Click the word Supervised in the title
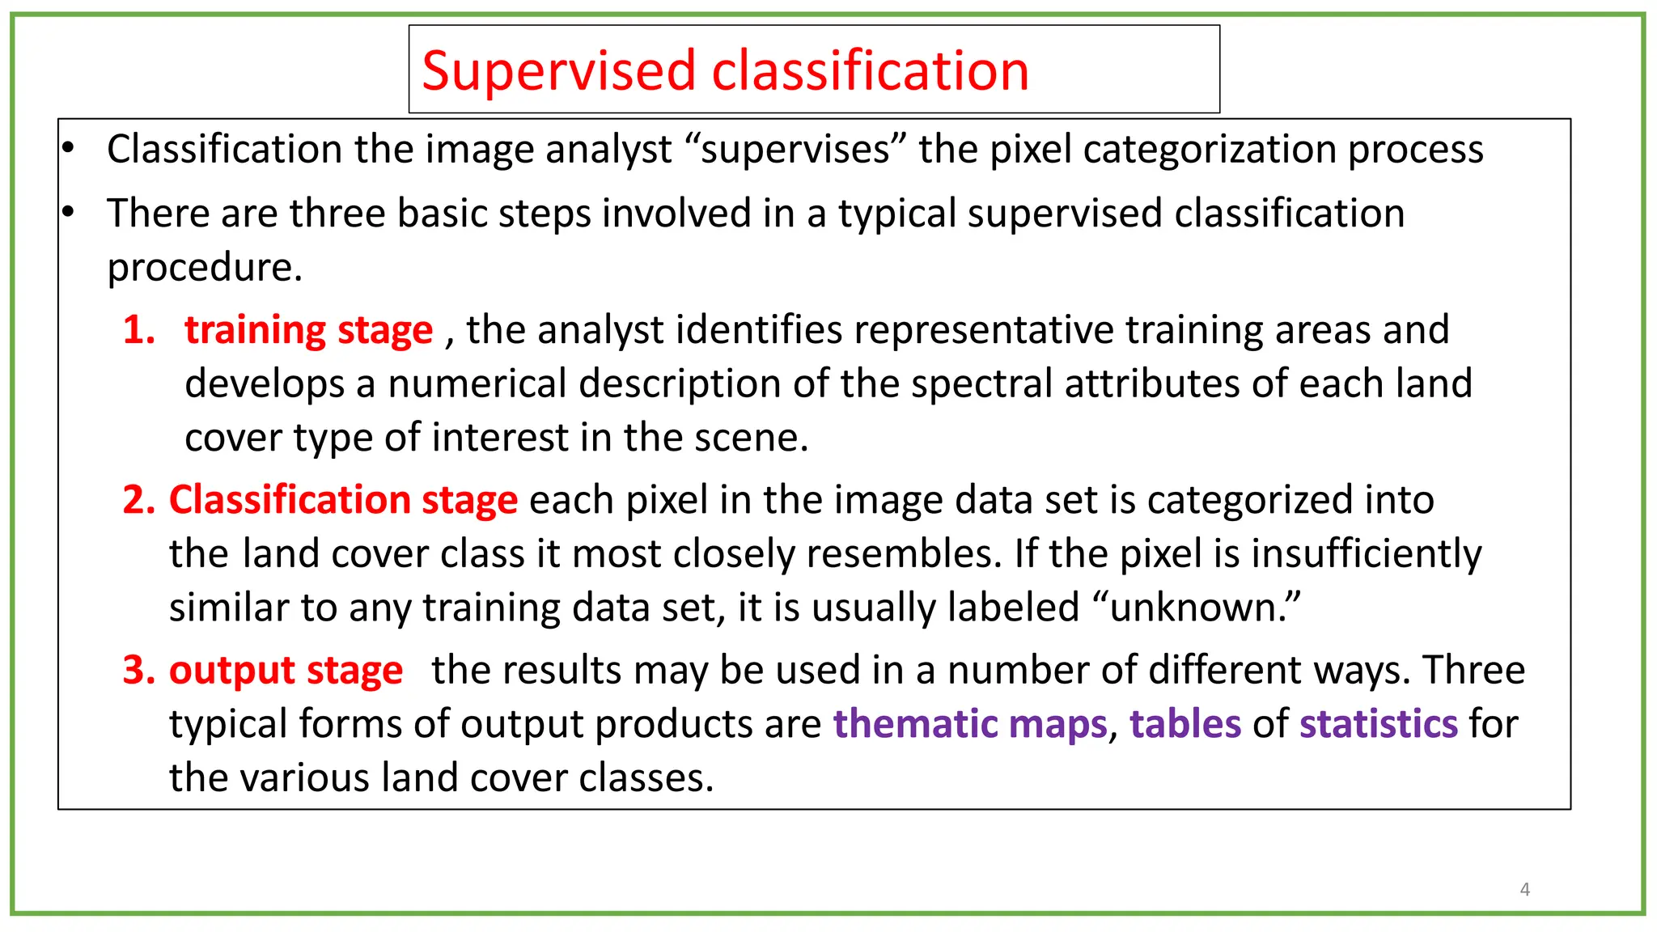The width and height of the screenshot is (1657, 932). coord(558,71)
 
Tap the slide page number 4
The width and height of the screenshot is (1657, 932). coord(1524,889)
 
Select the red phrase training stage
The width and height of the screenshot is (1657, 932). coord(308,330)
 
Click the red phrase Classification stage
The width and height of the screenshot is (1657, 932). coord(343,500)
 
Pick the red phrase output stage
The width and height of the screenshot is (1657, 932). coord(286,671)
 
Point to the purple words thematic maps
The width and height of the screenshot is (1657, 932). coord(969,724)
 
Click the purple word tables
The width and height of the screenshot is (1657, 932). coord(1184,724)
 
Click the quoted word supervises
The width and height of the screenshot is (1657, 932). coord(795,150)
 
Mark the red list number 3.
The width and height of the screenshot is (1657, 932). coord(138,671)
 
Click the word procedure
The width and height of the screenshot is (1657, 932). coord(204,268)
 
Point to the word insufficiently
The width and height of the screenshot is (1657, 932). coord(1367,554)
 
